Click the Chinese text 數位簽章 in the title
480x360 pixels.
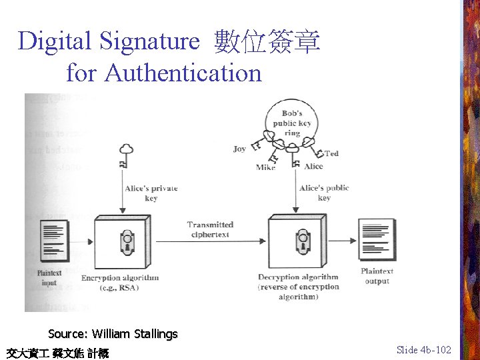(267, 41)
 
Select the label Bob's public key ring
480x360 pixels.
(292, 123)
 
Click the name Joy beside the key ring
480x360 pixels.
(240, 149)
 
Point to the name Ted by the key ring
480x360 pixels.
(331, 153)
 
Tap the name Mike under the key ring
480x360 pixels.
(265, 167)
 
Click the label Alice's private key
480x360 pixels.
(151, 193)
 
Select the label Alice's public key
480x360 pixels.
(324, 193)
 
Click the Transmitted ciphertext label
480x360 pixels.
(210, 229)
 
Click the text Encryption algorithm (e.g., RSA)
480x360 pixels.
(120, 282)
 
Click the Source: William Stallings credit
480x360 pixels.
(113, 334)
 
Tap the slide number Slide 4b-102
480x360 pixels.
(423, 349)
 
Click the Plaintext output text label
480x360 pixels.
(377, 276)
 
